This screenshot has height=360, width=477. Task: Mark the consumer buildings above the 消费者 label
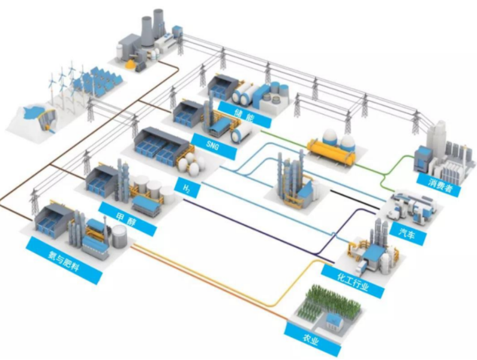click(x=441, y=153)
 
